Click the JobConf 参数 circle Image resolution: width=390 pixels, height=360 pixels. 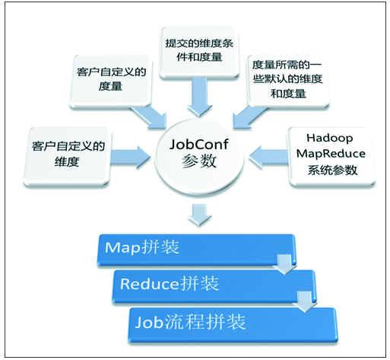(x=199, y=157)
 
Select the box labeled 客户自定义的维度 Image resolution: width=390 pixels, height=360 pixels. (x=67, y=157)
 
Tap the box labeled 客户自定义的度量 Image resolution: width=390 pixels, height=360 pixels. (x=111, y=81)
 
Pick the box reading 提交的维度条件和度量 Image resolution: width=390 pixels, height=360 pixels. (x=199, y=53)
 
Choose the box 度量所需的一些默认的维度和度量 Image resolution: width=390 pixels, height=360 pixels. (x=288, y=81)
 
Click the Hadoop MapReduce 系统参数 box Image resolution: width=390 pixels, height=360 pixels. (x=332, y=157)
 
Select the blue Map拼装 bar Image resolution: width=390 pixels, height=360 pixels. (x=196, y=250)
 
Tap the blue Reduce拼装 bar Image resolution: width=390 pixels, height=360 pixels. (x=214, y=286)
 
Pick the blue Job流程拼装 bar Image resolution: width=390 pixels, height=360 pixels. (x=233, y=325)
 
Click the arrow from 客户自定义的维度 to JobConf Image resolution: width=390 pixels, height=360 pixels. (x=131, y=158)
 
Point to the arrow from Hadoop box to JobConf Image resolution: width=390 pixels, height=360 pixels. (x=268, y=158)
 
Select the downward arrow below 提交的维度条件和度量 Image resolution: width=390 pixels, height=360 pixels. (x=200, y=97)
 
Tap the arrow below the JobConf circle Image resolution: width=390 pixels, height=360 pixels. (x=200, y=215)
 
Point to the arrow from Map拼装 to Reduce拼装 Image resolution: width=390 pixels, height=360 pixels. (x=284, y=264)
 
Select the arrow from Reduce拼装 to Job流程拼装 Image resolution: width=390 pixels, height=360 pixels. (x=304, y=302)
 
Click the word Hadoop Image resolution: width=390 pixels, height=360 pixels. (x=329, y=138)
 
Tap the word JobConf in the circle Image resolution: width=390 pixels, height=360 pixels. (x=198, y=144)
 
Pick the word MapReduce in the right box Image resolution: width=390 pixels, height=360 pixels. (x=331, y=154)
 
